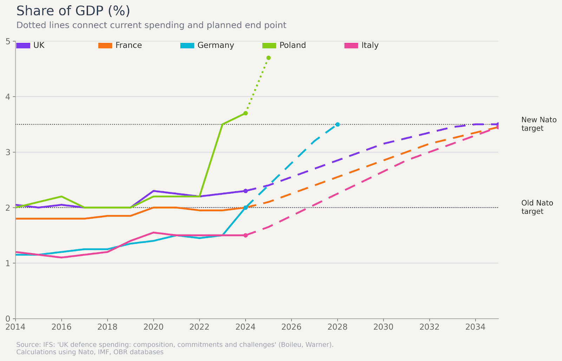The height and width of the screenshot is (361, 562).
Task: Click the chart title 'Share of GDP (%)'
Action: point(73,11)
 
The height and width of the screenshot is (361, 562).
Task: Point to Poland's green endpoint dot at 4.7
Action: point(268,58)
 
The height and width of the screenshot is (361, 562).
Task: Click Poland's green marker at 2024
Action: point(246,113)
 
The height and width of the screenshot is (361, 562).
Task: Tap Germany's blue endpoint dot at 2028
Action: point(338,124)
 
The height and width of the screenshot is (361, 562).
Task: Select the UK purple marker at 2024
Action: point(246,191)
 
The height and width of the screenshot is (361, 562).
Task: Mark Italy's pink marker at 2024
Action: point(246,235)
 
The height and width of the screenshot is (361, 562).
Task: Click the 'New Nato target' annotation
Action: point(538,124)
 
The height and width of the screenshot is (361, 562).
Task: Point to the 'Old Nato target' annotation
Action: point(537,207)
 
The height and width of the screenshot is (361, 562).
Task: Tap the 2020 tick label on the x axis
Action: point(153,327)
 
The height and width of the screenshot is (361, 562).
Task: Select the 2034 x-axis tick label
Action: point(475,327)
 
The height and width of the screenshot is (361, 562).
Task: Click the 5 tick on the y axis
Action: point(8,41)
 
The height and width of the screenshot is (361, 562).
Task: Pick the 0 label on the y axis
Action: point(8,319)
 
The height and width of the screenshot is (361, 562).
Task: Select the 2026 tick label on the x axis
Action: point(292,327)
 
